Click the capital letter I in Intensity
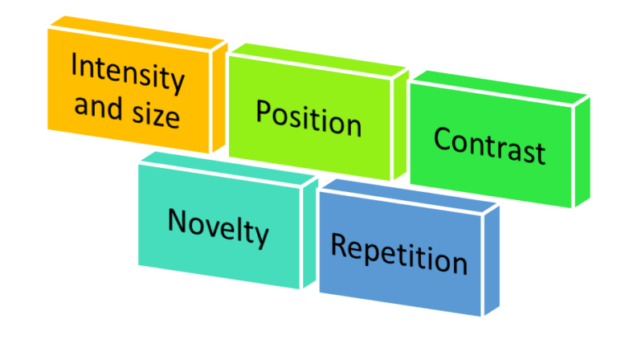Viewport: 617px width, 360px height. [75, 63]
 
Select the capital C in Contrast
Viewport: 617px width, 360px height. [442, 138]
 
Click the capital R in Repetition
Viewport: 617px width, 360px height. [339, 245]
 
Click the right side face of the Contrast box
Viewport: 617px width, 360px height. [582, 153]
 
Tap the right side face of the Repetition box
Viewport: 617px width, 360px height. [491, 257]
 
